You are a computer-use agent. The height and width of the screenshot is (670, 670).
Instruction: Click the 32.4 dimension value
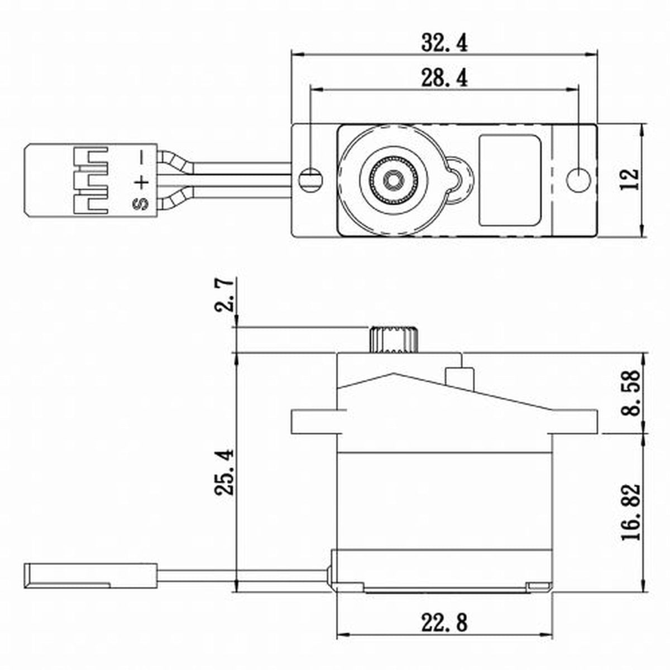[444, 43]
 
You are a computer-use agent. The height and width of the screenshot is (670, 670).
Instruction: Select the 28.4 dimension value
[444, 79]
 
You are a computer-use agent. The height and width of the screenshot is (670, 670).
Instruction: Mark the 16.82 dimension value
[630, 512]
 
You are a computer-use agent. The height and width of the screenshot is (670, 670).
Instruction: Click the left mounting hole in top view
[310, 179]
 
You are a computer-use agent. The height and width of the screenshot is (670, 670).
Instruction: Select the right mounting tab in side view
[575, 422]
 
